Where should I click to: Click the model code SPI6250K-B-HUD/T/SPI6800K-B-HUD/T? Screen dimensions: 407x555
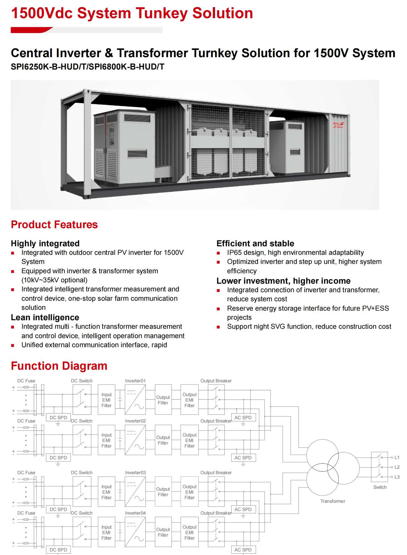[x=87, y=67]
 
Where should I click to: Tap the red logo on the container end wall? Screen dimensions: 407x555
[x=338, y=125]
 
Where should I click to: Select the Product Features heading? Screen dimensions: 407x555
[x=54, y=225]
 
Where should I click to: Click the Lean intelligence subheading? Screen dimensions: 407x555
[x=45, y=317]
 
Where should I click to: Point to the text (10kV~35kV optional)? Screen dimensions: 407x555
[x=54, y=280]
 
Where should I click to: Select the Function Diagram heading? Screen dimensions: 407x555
[x=59, y=366]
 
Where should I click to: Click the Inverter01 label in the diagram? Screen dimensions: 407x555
[x=135, y=381]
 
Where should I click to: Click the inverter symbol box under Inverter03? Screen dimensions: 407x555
[x=135, y=492]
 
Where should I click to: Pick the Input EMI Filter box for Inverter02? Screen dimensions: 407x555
[x=106, y=440]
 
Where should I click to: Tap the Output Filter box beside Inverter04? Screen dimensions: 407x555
[x=163, y=532]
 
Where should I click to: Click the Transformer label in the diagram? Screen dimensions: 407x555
[x=333, y=501]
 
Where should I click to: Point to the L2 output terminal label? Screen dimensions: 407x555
[x=397, y=467]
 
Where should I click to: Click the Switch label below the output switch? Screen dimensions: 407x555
[x=380, y=487]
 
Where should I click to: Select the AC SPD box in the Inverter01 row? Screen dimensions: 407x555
[x=243, y=418]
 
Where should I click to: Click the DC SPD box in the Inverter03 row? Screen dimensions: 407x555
[x=58, y=509]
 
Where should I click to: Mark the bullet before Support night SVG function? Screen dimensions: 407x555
[x=218, y=327]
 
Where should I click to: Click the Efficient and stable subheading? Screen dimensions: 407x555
[x=255, y=243]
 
